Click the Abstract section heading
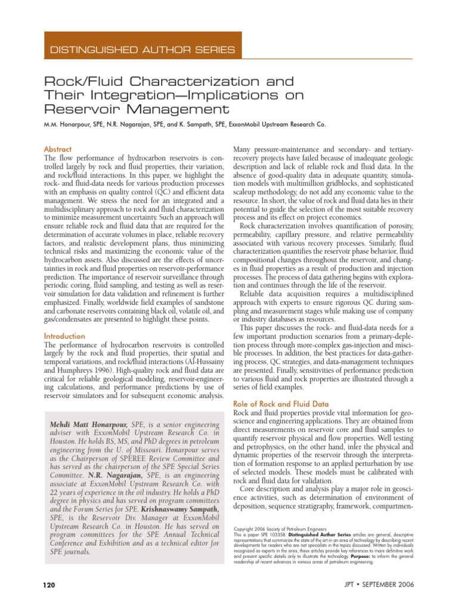pos(58,149)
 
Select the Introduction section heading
pos(64,337)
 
